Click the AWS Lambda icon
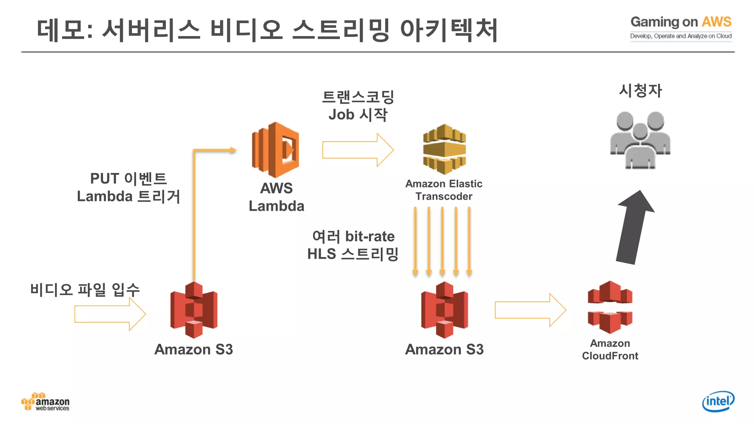pyautogui.click(x=275, y=150)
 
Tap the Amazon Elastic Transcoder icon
pyautogui.click(x=444, y=149)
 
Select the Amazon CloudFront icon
pyautogui.click(x=610, y=307)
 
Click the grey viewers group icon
pyautogui.click(x=640, y=140)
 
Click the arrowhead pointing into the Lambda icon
pyautogui.click(x=232, y=150)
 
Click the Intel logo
pyautogui.click(x=718, y=401)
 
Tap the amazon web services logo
pyautogui.click(x=45, y=402)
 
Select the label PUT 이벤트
pyautogui.click(x=128, y=179)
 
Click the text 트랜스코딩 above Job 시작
pyautogui.click(x=358, y=97)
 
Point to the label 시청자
pyautogui.click(x=640, y=90)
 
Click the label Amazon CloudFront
pyautogui.click(x=610, y=349)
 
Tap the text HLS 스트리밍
pyautogui.click(x=353, y=254)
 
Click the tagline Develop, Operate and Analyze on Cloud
pyautogui.click(x=681, y=36)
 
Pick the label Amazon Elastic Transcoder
pyautogui.click(x=444, y=190)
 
